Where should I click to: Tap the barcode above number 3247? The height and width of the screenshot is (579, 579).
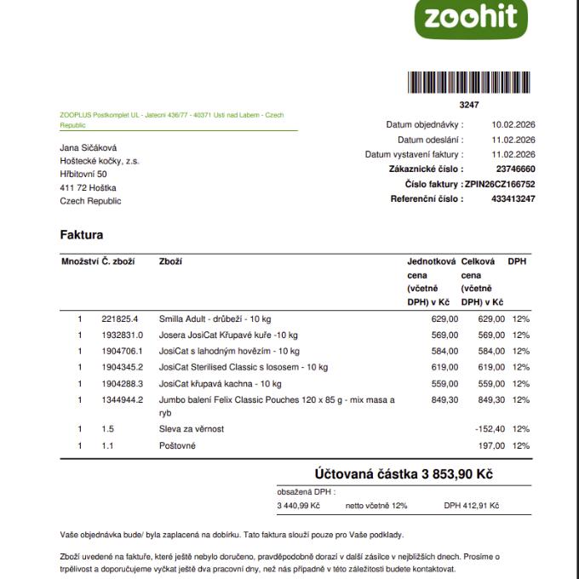coord(468,83)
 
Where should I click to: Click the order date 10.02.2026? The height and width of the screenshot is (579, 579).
coord(513,124)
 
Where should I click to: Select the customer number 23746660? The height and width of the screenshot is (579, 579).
coord(515,169)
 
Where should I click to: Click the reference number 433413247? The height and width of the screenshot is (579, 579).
coord(513,198)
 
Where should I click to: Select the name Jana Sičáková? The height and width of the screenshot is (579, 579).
coord(89,147)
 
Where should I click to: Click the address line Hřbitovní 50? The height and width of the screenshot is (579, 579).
coord(83,174)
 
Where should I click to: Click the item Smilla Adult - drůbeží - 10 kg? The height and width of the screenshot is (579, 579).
coord(215,318)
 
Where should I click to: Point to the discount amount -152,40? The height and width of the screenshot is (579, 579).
coord(490,429)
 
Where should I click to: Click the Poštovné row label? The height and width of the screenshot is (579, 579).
coord(177,445)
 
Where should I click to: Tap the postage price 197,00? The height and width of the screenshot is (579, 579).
coord(491,445)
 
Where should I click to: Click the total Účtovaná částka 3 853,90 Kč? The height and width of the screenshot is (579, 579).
coord(404,474)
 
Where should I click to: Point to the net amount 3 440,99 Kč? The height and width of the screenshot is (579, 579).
coord(299,506)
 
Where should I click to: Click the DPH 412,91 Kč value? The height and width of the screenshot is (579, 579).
coord(472,506)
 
